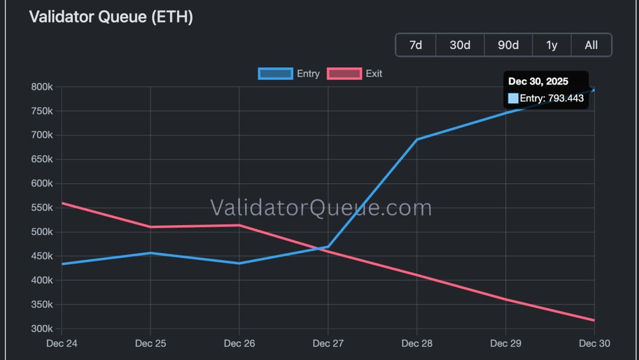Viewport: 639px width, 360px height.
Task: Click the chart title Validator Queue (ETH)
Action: (x=111, y=17)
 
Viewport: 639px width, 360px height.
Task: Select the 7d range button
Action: (x=415, y=45)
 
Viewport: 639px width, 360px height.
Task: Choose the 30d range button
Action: (x=460, y=45)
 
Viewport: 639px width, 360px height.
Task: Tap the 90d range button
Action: (x=508, y=45)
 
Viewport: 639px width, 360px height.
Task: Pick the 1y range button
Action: (x=552, y=45)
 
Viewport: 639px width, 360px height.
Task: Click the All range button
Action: (x=591, y=45)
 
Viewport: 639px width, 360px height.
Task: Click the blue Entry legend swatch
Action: (x=275, y=73)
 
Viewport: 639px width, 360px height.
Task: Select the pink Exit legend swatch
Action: (x=344, y=73)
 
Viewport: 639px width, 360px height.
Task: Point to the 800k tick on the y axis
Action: (x=40, y=87)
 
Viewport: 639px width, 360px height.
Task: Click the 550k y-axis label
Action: (x=40, y=208)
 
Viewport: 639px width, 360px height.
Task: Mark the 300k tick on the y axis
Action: (x=40, y=329)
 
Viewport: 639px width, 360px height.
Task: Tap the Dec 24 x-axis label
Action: (x=62, y=344)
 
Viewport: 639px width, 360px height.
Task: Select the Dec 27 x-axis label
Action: (x=328, y=344)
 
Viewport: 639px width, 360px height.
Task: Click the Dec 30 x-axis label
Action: (x=594, y=344)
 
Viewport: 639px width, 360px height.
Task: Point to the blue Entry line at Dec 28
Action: (x=417, y=139)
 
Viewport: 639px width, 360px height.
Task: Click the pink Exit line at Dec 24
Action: (x=62, y=203)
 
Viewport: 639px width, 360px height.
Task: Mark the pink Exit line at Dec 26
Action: (x=239, y=225)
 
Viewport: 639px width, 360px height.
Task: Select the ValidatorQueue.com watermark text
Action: (x=321, y=208)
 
